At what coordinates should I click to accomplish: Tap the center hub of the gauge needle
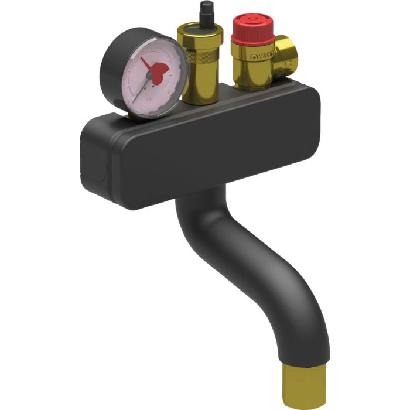[x=149, y=76]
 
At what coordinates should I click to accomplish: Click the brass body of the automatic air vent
[x=199, y=76]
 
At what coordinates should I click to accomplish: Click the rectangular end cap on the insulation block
[x=94, y=158]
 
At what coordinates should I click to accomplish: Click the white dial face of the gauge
[x=135, y=64]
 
